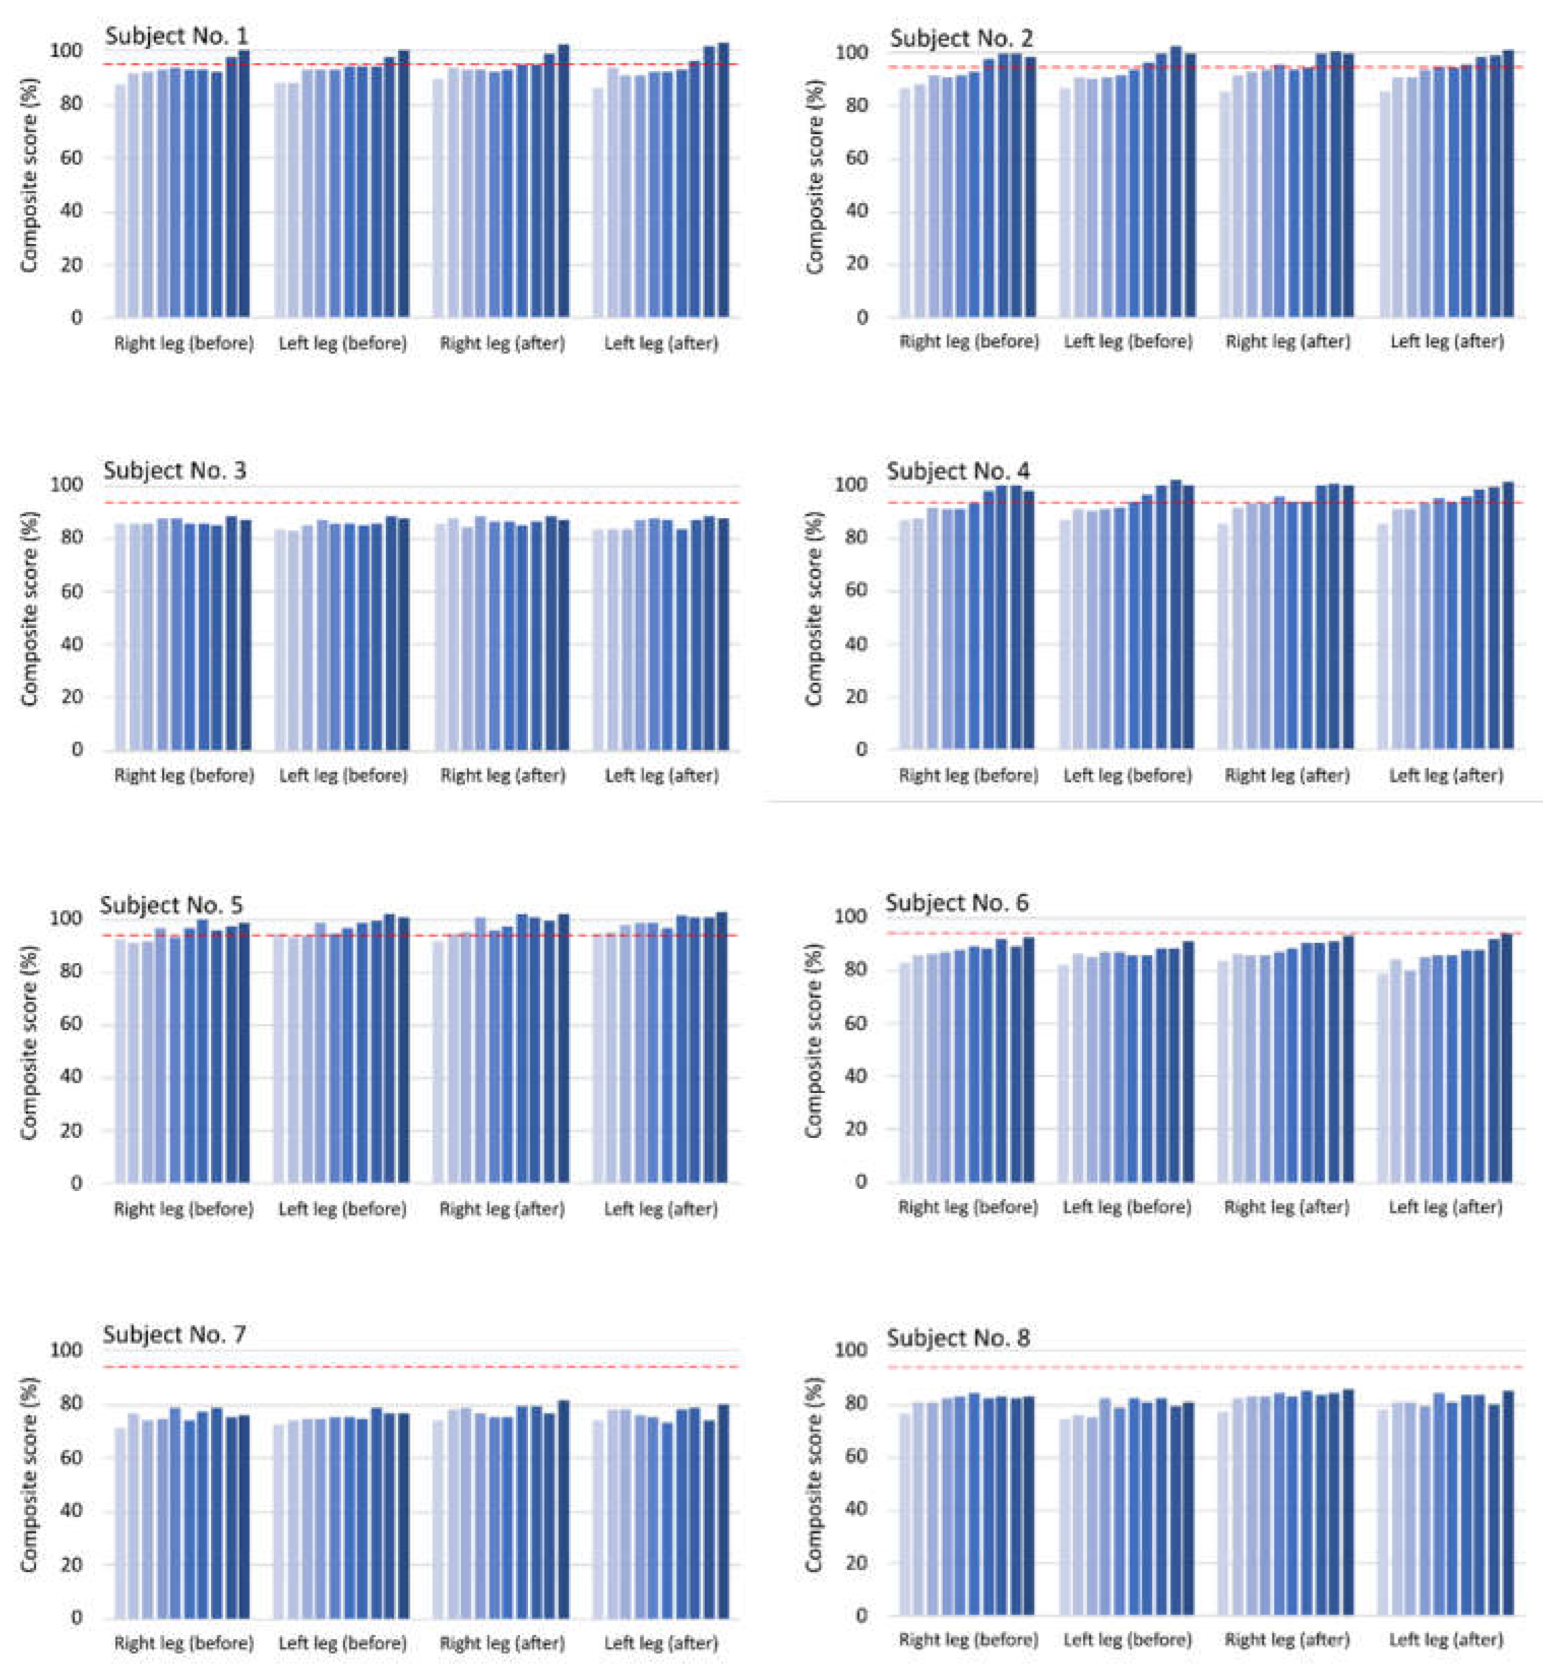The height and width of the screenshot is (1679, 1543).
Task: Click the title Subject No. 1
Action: click(x=176, y=37)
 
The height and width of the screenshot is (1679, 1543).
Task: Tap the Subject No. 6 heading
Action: click(x=957, y=903)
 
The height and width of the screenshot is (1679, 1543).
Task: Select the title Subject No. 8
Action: click(x=958, y=1337)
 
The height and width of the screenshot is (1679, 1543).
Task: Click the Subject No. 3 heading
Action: click(x=175, y=471)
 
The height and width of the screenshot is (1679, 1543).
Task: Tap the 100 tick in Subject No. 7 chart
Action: click(x=66, y=1351)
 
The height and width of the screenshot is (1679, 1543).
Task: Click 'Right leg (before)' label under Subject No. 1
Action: click(x=183, y=343)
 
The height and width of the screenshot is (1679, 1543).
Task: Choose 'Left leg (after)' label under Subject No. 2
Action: click(x=1447, y=342)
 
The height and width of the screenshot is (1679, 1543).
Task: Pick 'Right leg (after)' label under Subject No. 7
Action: click(x=503, y=1643)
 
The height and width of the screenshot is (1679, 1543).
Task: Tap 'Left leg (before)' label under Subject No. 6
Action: click(x=1127, y=1207)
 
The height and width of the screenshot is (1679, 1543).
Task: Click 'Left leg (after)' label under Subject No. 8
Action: click(x=1446, y=1640)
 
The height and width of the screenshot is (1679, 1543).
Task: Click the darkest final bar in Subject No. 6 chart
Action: click(x=1506, y=1057)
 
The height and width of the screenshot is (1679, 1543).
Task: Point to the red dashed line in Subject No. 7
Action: click(x=418, y=1367)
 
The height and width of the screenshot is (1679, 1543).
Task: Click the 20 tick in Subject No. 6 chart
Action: click(x=855, y=1129)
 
